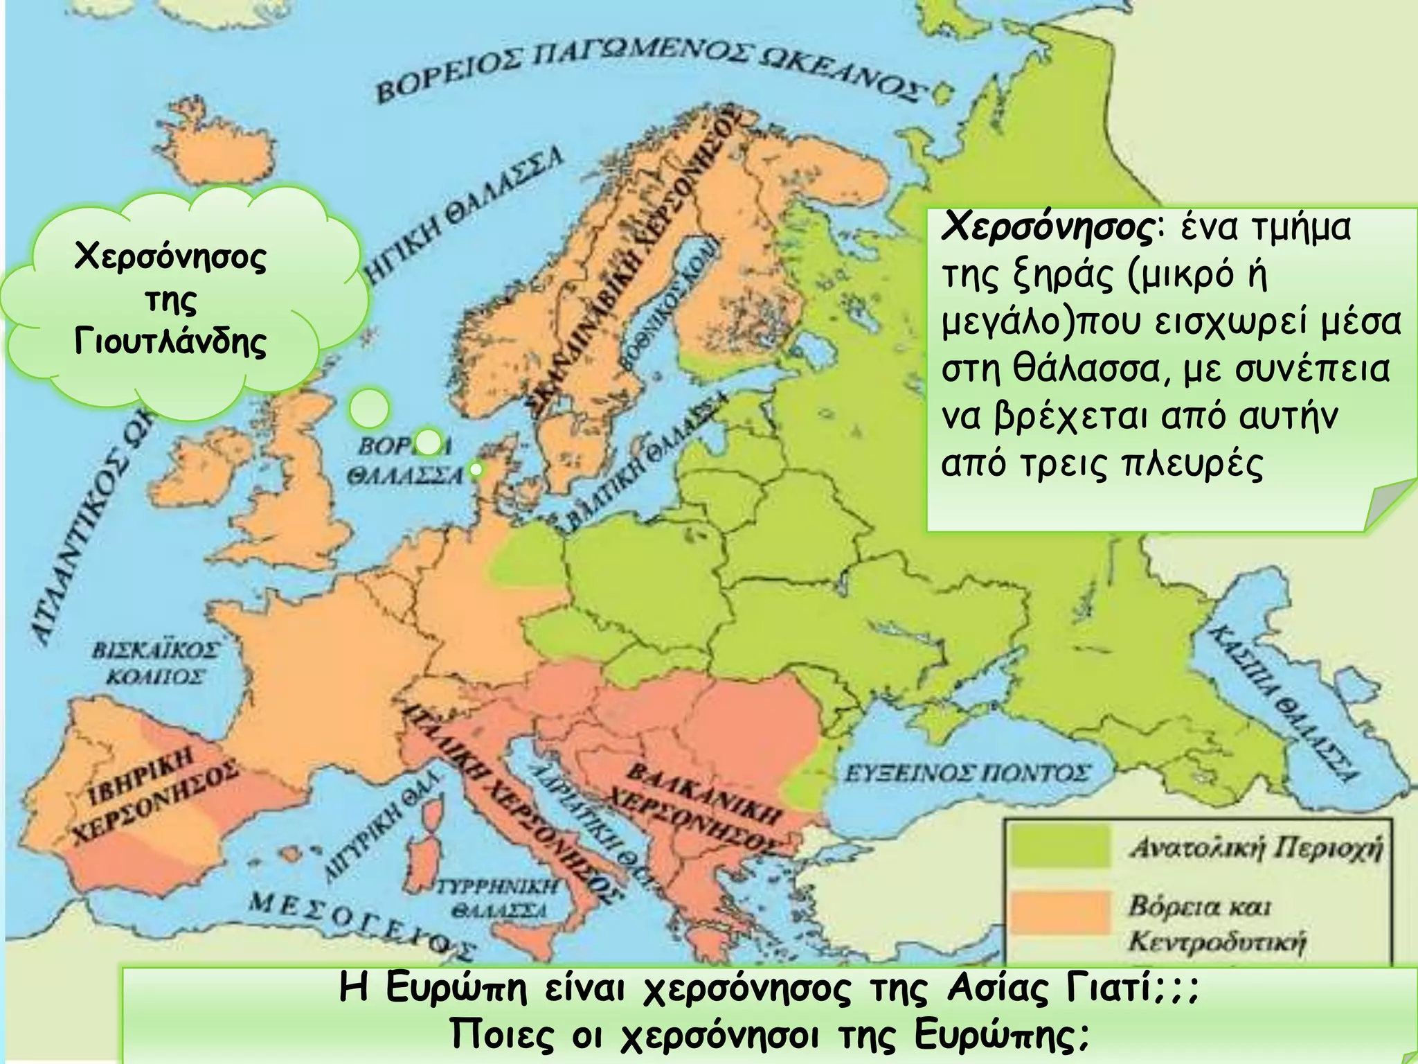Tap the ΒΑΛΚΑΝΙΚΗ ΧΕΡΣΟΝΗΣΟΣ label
[699, 807]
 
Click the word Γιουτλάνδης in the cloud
[170, 342]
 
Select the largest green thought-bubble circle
[369, 408]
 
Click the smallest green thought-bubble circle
[476, 470]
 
